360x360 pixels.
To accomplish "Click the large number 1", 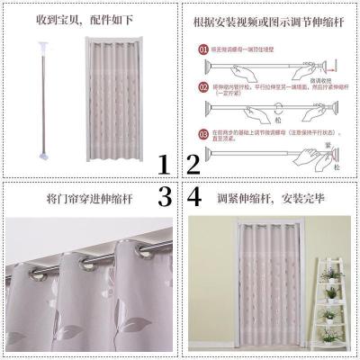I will pos(164,165).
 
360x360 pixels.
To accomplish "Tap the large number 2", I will pos(193,165).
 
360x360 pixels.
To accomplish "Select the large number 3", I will pos(164,196).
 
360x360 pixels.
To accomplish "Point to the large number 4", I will pos(193,196).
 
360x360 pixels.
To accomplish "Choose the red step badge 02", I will pos(203,87).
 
